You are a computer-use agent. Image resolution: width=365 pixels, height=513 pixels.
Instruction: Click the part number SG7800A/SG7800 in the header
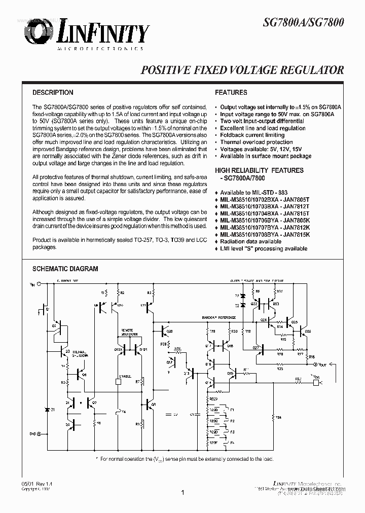coord(304,22)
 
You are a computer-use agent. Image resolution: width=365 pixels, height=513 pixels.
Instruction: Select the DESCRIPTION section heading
coord(53,93)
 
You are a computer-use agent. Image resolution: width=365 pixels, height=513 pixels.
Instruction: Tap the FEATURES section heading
coord(231,93)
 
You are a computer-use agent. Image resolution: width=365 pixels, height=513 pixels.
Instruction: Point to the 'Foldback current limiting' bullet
coord(252,135)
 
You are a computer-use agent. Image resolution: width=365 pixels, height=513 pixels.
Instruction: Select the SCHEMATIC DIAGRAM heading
coord(65,269)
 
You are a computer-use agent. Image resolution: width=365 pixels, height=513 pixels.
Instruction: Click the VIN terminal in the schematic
coord(34,284)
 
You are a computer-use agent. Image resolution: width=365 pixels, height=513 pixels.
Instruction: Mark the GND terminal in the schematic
coord(34,434)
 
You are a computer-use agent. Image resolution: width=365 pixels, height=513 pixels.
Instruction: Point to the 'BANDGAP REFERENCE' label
coord(220,318)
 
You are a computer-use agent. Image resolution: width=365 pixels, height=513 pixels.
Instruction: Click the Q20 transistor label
coord(169,332)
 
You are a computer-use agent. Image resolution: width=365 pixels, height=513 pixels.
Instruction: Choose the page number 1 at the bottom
coord(182,492)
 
